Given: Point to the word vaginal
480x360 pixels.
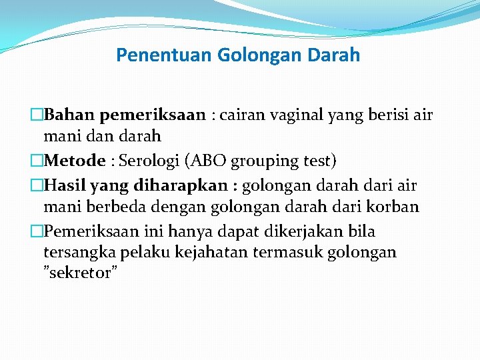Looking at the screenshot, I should click(296, 116).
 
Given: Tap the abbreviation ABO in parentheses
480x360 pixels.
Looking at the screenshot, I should click(211, 161).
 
